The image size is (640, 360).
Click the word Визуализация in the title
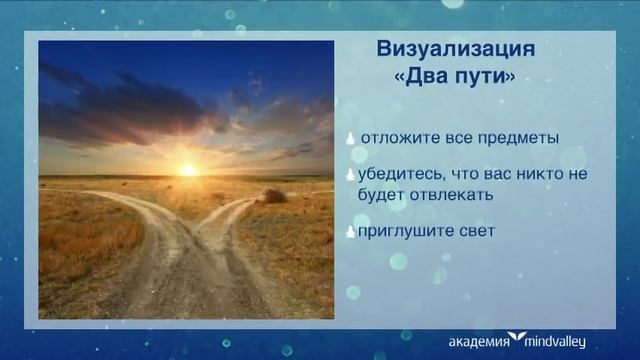click(455, 50)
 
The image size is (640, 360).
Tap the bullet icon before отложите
click(351, 138)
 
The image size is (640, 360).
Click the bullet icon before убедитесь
click(351, 175)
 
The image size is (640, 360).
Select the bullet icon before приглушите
click(351, 231)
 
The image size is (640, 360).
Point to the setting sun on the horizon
click(187, 170)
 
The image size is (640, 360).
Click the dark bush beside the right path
click(274, 196)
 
